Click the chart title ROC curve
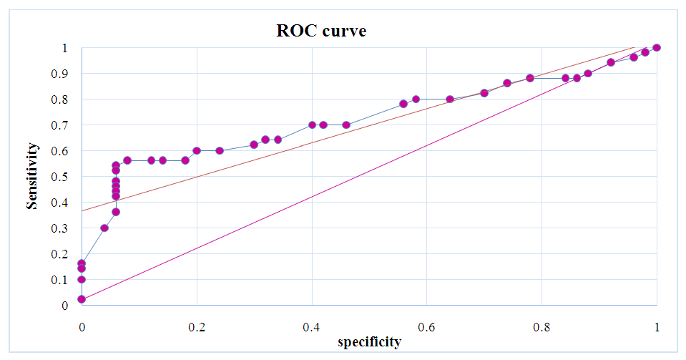pyautogui.click(x=321, y=31)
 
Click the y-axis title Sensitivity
pyautogui.click(x=32, y=175)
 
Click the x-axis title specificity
pyautogui.click(x=369, y=342)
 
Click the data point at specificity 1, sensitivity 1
pyautogui.click(x=657, y=48)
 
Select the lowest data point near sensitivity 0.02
pyautogui.click(x=82, y=299)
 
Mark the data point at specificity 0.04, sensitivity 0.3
pyautogui.click(x=104, y=228)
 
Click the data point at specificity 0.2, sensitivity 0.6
pyautogui.click(x=197, y=150)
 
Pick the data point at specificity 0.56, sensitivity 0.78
pyautogui.click(x=403, y=104)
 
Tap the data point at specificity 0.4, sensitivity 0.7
pyautogui.click(x=312, y=125)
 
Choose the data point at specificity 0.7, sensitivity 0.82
pyautogui.click(x=484, y=93)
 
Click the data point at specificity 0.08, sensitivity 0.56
pyautogui.click(x=127, y=160)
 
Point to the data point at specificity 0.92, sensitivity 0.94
pyautogui.click(x=611, y=62)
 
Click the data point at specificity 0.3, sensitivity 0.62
pyautogui.click(x=254, y=145)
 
